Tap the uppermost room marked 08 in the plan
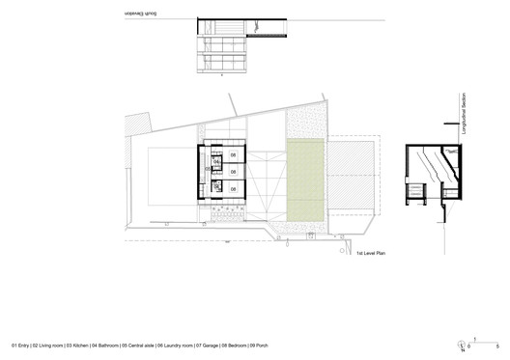(232, 154)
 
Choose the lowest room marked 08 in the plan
(232, 190)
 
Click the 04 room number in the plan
(217, 160)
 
